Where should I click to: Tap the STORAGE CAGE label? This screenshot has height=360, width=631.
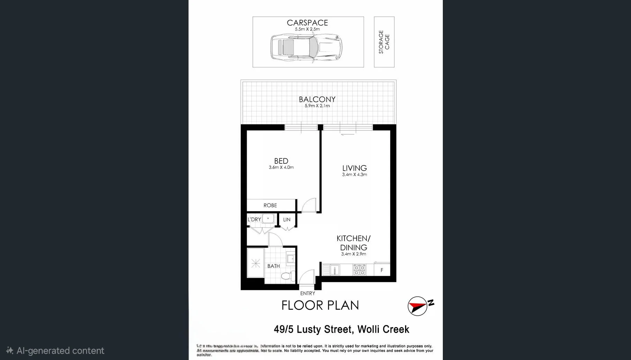pos(384,42)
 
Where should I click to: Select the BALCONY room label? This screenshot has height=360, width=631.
pos(317,99)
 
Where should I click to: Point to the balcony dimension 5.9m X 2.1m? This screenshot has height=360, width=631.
pos(317,106)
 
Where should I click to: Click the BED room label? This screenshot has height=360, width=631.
pos(281,161)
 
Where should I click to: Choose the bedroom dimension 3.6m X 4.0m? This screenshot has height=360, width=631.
pos(281,168)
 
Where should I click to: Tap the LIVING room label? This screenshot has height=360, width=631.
pos(354,168)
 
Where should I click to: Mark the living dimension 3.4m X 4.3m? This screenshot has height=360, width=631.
pos(354,175)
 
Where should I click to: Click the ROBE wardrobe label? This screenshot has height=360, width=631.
pos(270,206)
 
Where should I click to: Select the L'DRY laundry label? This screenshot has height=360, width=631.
pos(254,219)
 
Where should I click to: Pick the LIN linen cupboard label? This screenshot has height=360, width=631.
pos(287,220)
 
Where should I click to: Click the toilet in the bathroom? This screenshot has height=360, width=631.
pos(287,276)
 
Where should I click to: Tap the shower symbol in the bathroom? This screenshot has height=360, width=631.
pos(256,264)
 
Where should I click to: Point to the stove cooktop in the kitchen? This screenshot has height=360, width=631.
pos(359,270)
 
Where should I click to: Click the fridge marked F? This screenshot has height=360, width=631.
pos(382,270)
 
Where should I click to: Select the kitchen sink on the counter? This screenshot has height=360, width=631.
pos(334,270)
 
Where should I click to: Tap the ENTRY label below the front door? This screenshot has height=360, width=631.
pos(308,294)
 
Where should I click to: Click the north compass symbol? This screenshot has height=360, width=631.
pos(418,306)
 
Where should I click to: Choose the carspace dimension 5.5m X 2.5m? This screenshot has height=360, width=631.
pos(307,29)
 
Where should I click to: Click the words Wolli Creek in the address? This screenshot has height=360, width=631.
pos(383,329)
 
